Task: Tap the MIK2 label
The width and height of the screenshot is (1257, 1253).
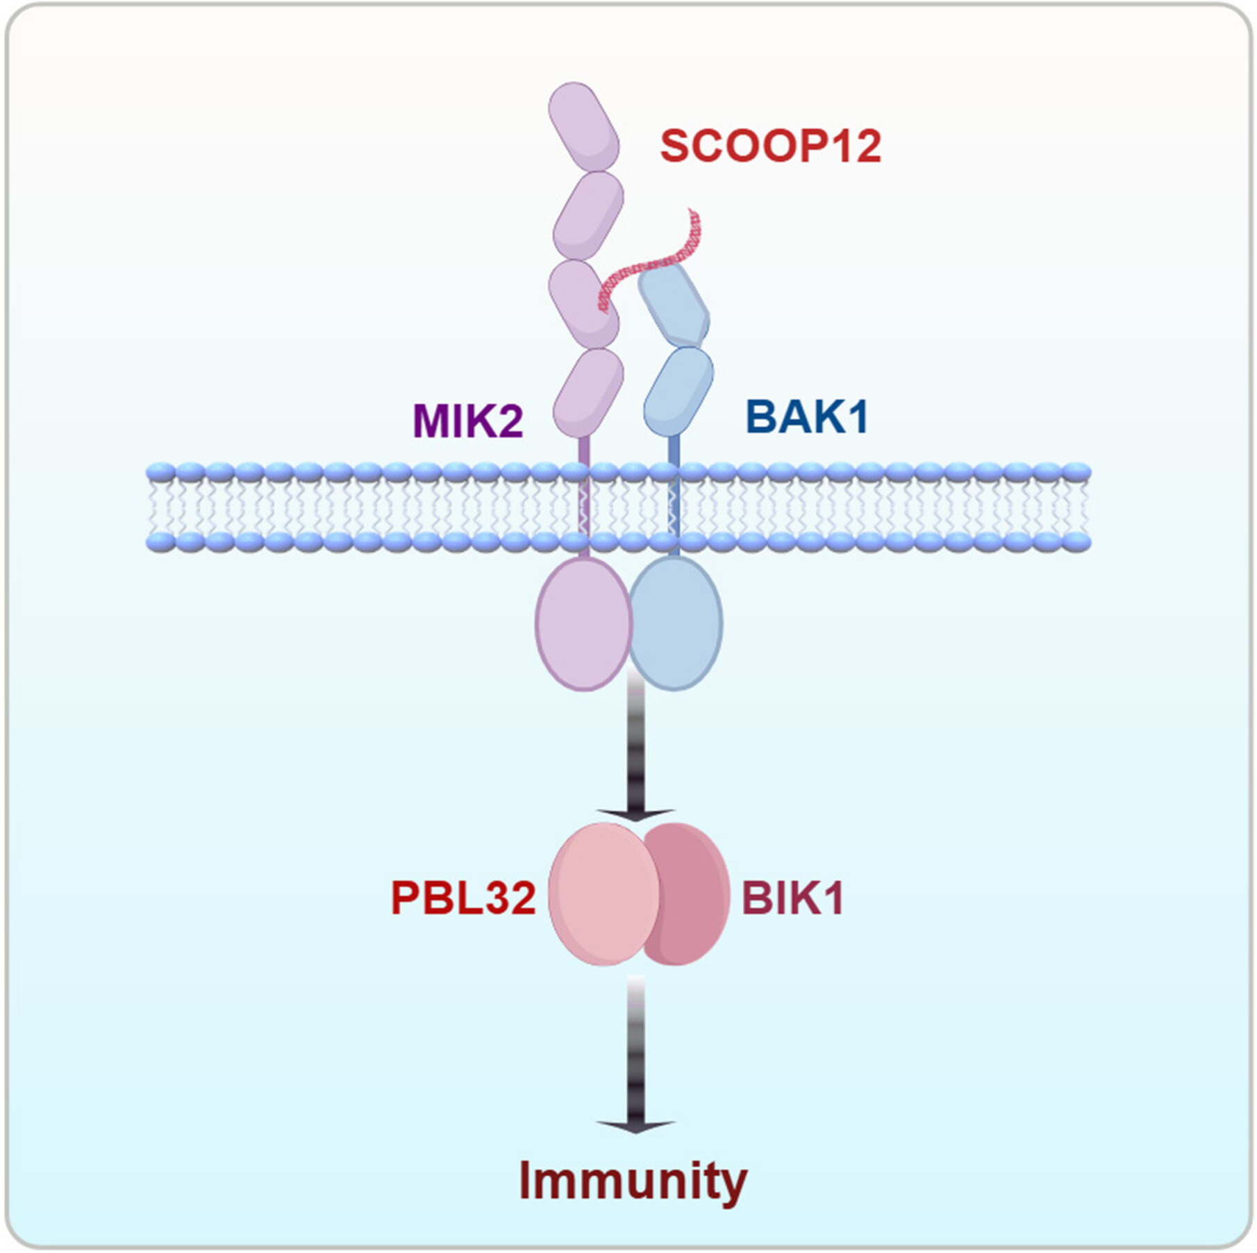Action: [x=467, y=420]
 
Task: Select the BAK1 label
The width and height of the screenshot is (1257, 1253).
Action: [x=806, y=417]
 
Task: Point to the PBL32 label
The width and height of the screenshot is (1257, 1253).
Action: [x=463, y=898]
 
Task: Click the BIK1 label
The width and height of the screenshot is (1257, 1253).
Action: [x=792, y=898]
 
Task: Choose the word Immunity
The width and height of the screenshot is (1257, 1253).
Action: [x=633, y=1180]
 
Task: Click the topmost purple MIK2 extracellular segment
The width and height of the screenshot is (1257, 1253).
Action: [x=583, y=126]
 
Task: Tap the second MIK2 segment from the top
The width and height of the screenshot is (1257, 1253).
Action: [x=588, y=215]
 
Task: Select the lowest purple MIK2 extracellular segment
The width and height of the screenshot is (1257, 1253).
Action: [x=588, y=392]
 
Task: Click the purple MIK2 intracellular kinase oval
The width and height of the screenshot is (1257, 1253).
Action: [x=582, y=625]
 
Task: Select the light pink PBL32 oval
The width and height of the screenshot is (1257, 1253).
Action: [x=603, y=894]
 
